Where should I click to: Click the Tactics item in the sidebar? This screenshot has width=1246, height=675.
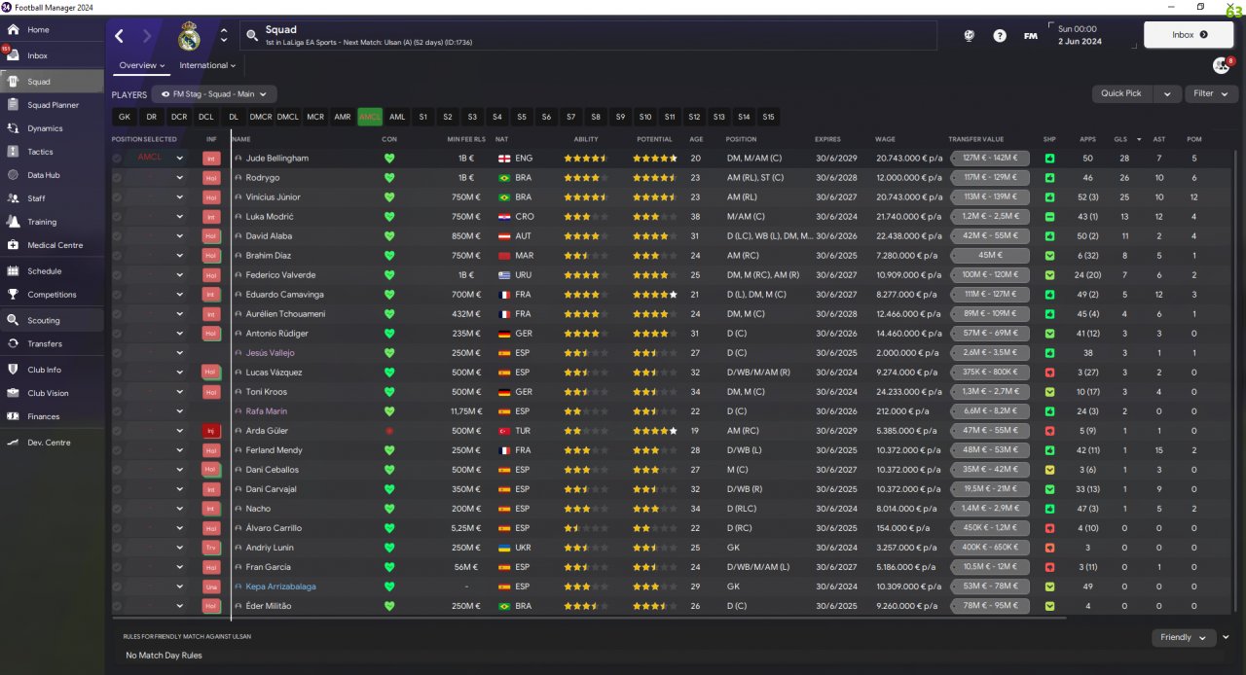40,152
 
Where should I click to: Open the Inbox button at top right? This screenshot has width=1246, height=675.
1189,35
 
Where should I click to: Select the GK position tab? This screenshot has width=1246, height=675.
124,117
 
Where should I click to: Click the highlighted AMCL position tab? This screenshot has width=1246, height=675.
370,117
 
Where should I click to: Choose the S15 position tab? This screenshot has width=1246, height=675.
769,117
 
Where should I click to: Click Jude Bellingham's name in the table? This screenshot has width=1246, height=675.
276,159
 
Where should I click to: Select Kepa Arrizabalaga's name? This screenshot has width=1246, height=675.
280,586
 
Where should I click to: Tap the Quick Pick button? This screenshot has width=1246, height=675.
1121,93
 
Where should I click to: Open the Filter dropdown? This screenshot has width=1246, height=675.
1211,93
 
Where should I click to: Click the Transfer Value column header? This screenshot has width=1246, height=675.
975,139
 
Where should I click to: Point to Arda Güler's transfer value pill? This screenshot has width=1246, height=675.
990,431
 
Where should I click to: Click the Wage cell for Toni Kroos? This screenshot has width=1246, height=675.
908,392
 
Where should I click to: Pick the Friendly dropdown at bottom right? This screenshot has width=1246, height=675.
1183,637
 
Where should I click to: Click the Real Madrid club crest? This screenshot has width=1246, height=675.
189,36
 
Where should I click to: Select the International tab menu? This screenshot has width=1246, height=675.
207,66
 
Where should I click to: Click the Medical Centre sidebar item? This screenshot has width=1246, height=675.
55,245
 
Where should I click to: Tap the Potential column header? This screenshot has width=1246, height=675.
654,139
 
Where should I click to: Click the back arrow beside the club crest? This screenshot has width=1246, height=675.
120,36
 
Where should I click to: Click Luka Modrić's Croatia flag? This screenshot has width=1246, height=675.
504,217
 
